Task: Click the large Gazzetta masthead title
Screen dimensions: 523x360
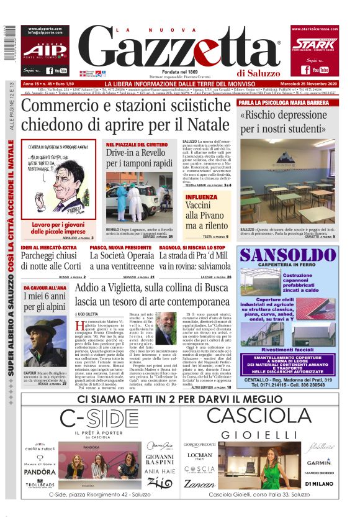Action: pyautogui.click(x=180, y=50)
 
